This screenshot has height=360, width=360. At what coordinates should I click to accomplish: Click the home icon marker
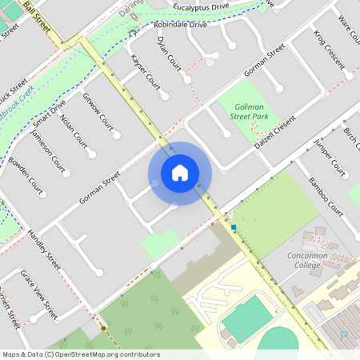point(180,173)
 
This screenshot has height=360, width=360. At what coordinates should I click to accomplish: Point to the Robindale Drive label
point(180,25)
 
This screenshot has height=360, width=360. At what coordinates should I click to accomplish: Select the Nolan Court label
point(73,131)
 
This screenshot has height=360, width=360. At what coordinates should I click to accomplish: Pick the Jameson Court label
point(47,151)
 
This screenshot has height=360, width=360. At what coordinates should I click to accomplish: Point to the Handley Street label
point(44,249)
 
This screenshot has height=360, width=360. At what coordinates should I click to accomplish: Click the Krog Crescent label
point(328,50)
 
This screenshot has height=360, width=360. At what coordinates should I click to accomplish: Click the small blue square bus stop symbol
point(234,227)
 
